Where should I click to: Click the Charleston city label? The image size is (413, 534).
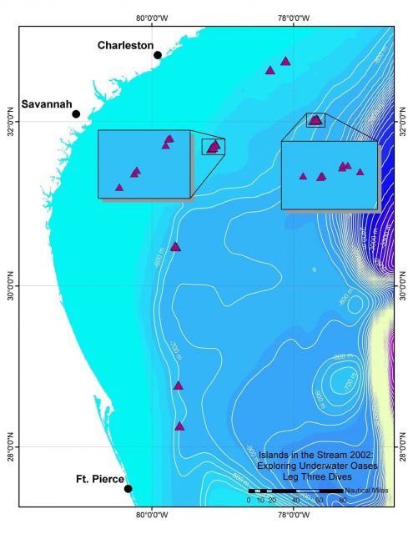pos(125,45)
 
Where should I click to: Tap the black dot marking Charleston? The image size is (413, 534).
pos(158,55)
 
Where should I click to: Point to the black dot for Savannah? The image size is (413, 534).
pos(76,114)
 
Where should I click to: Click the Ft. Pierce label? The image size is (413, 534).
pos(99,479)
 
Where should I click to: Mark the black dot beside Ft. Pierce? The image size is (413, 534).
pos(128,489)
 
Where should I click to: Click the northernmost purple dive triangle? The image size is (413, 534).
pos(285,61)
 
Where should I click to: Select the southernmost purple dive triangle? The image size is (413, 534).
pos(179,426)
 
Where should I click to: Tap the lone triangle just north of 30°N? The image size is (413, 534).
pos(175,246)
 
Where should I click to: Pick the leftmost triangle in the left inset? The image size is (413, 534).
pos(119,188)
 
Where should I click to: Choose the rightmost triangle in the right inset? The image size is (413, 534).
pos(360,172)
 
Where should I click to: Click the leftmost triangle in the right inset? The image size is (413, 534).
pos(303,176)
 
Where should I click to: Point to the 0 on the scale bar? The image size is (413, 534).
pos(249,500)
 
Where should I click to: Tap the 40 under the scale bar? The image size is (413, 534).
pos(295,500)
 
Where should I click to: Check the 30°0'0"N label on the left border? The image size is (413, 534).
pos(11,285)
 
